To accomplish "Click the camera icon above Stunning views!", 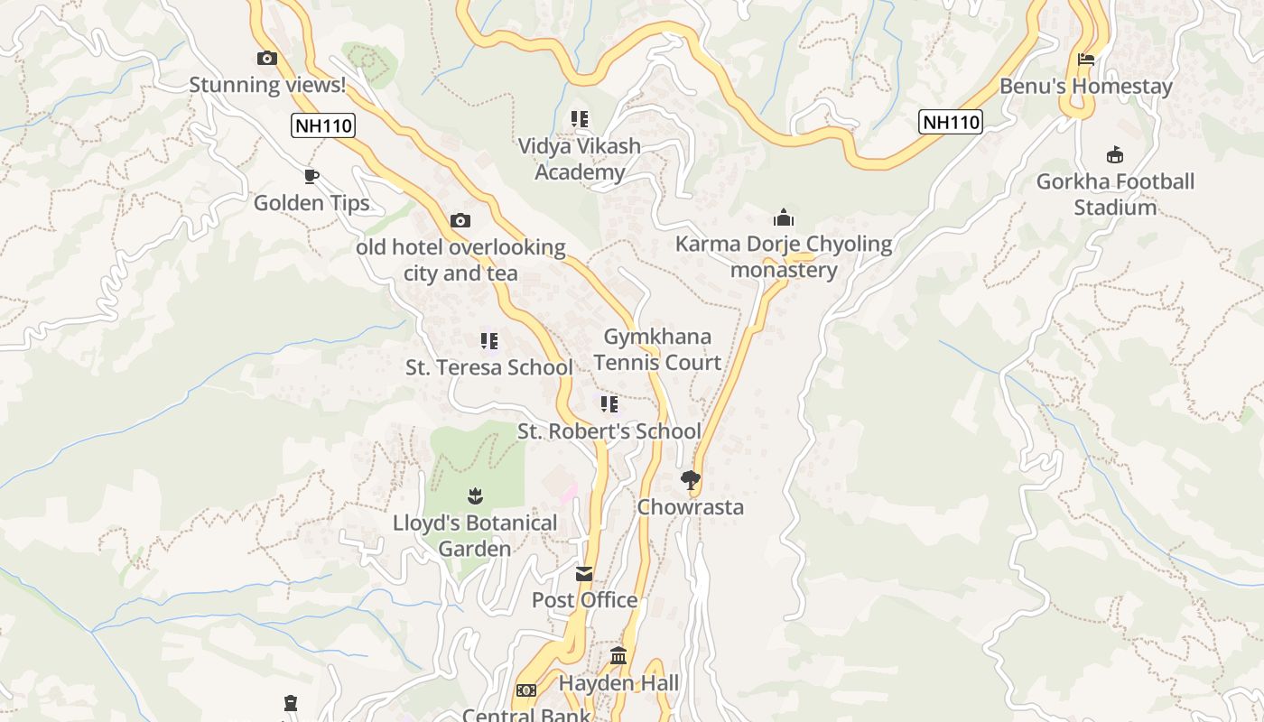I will click(267, 59).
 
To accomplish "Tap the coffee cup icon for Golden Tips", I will click(311, 176).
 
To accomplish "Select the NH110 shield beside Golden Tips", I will click(323, 125).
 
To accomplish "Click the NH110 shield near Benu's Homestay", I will click(950, 122).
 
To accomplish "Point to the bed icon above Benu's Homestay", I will click(1086, 60).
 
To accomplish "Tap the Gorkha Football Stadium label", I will click(1115, 194).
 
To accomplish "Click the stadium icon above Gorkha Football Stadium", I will click(1115, 154).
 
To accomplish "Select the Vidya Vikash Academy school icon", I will click(580, 119).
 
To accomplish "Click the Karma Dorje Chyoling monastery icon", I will click(783, 218).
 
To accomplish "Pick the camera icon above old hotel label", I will click(460, 220).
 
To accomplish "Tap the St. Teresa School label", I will click(488, 367).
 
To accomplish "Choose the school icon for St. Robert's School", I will click(609, 404).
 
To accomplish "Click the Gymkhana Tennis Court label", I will click(657, 349).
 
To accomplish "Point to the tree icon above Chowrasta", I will click(691, 479).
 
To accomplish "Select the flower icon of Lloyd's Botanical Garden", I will click(475, 495).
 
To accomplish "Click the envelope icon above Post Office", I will click(584, 574).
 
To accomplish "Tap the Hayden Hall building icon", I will click(618, 656).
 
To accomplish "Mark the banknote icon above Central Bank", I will click(525, 690).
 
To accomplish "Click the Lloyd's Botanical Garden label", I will click(475, 535).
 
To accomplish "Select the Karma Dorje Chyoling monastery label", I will click(784, 256).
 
